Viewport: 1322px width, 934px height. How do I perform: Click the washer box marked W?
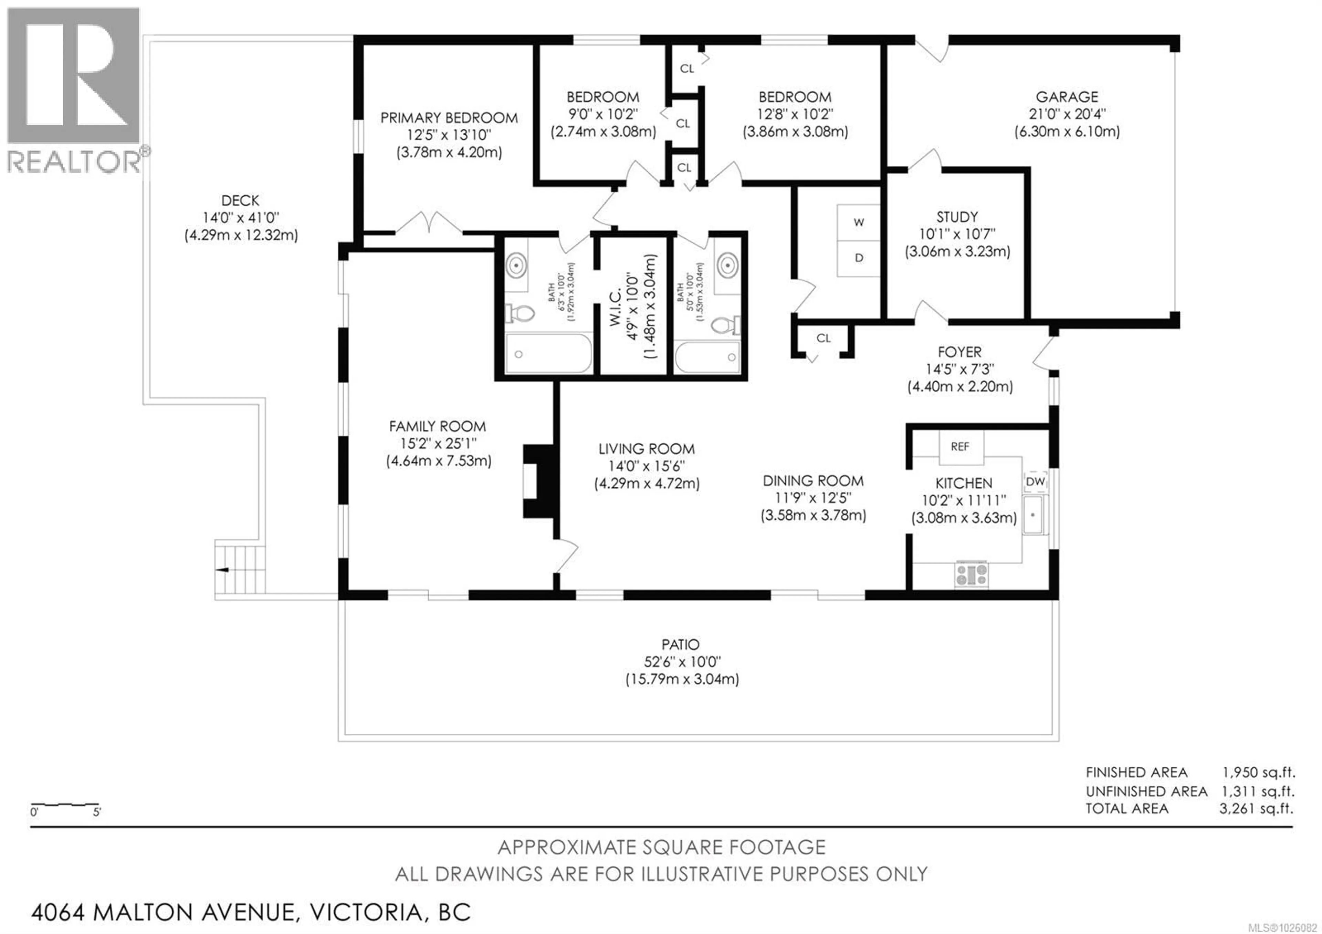tap(859, 222)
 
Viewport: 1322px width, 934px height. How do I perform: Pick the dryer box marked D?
tap(859, 258)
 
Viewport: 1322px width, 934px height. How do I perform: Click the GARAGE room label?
tap(1067, 97)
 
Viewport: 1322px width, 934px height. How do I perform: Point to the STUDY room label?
tap(957, 217)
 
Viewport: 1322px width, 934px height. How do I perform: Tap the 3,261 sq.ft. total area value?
tap(1256, 809)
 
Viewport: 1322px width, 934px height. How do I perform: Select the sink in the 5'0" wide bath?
tap(728, 266)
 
